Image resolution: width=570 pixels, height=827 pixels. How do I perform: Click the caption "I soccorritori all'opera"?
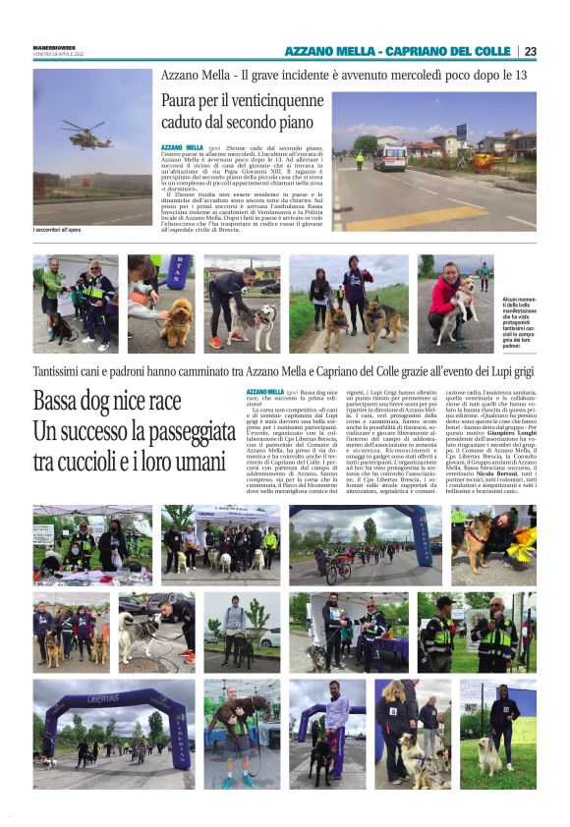point(64,230)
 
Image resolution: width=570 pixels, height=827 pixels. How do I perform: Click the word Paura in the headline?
point(185,102)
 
